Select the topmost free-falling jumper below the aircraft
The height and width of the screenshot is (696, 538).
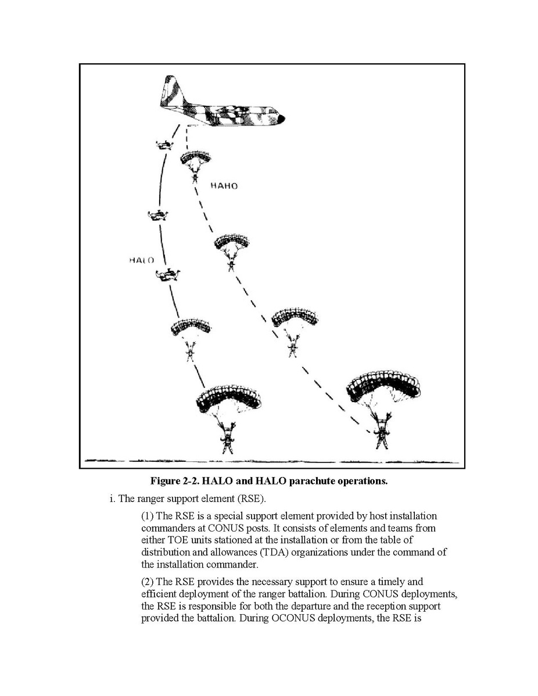[164, 144]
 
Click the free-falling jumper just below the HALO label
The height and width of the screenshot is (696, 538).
[168, 275]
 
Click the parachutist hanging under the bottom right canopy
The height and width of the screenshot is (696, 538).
[382, 433]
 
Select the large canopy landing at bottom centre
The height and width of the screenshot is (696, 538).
[228, 398]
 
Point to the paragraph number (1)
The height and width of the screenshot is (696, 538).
[148, 516]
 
